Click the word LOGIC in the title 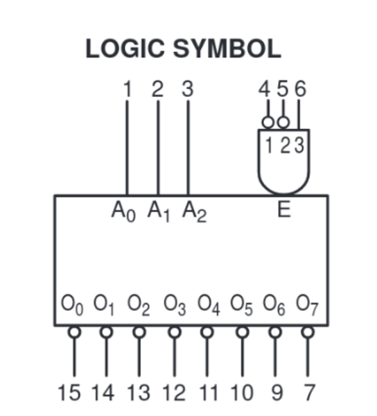125,49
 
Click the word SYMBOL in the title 227,49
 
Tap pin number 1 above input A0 128,89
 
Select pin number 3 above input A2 188,89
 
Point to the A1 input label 159,211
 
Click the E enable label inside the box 284,209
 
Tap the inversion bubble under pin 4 268,123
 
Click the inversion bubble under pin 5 283,123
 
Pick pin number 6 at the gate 300,89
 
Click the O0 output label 72,305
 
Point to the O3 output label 175,305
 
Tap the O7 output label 307,305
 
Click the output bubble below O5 243,332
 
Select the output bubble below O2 139,332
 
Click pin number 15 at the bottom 69,393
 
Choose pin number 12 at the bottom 174,393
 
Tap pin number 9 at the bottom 277,393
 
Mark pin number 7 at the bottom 309,393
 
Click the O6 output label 274,305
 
